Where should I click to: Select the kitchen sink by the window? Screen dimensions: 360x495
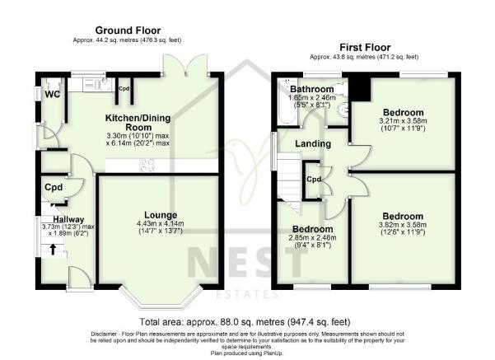pyautogui.click(x=90, y=82)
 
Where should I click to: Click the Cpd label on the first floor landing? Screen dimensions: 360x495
pyautogui.click(x=313, y=179)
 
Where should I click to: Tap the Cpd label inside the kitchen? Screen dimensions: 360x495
pyautogui.click(x=124, y=88)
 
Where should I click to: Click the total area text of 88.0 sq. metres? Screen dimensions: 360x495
pyautogui.click(x=247, y=321)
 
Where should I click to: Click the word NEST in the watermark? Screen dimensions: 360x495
pyautogui.click(x=247, y=264)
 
